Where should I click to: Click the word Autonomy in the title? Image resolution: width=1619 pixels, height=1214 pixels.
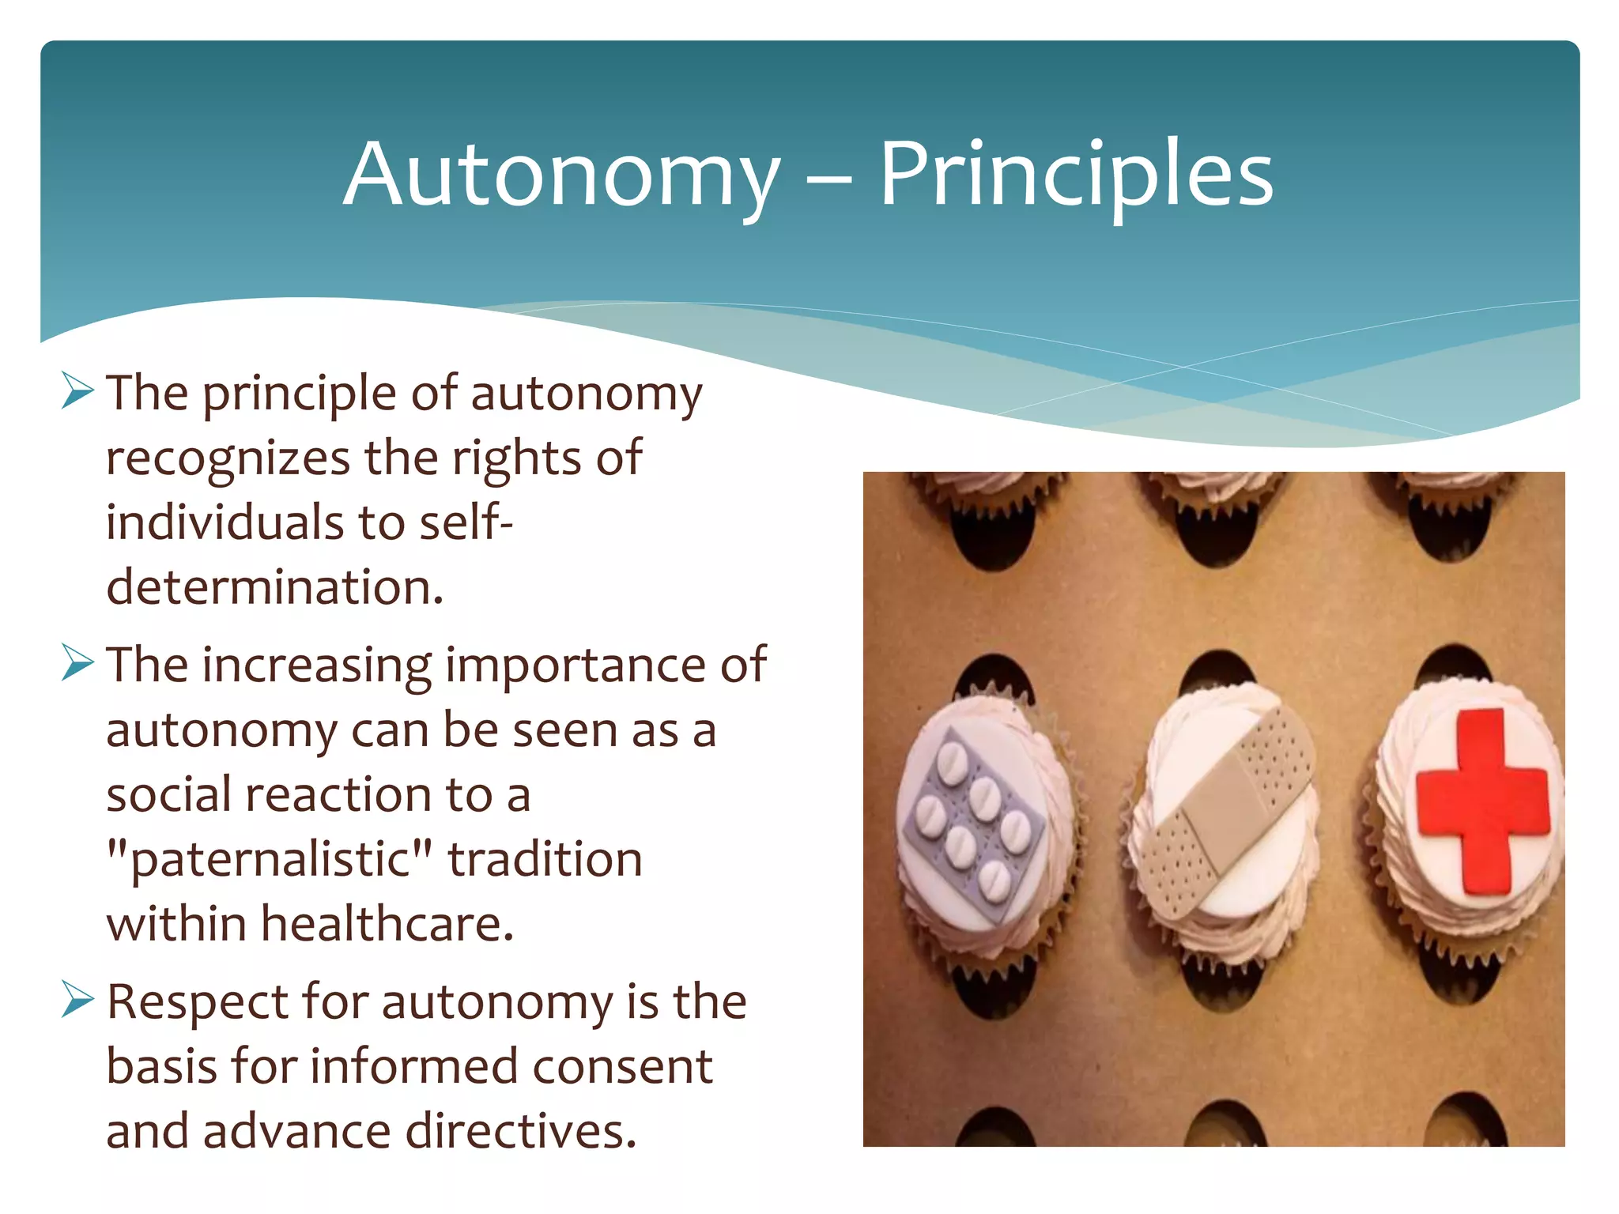561,175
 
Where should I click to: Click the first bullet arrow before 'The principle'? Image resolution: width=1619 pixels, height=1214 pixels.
77,391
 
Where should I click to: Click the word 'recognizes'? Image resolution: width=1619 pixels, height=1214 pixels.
228,459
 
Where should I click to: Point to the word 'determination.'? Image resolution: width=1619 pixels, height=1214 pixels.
274,588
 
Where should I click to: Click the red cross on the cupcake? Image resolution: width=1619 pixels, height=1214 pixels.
1481,800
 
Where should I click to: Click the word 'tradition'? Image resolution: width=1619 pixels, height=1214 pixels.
545,860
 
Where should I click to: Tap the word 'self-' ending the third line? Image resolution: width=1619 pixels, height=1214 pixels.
466,522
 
